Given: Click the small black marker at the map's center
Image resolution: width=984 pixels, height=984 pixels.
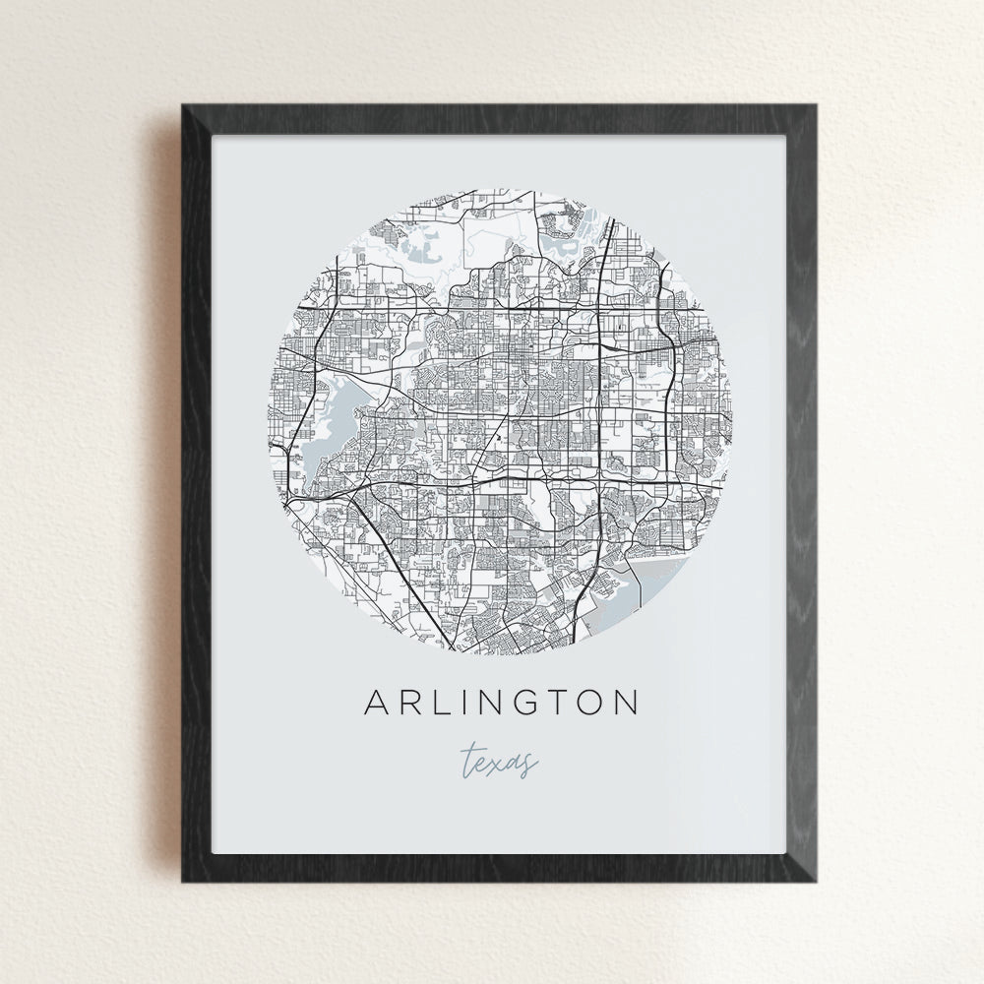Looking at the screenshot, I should click(x=499, y=433).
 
